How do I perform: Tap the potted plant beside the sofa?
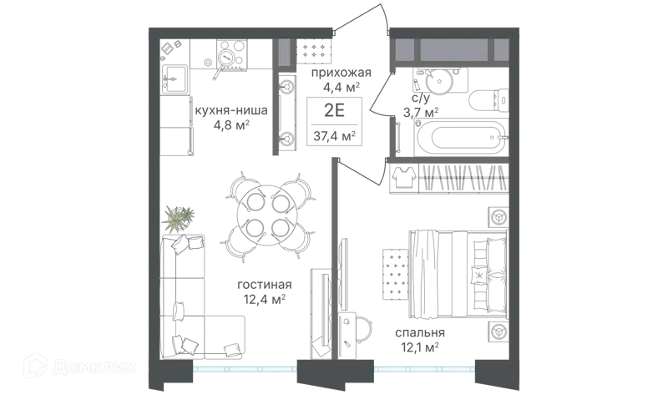click(x=178, y=219)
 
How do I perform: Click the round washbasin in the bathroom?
click(x=440, y=81)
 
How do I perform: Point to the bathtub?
click(x=460, y=137)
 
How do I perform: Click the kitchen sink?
click(x=174, y=78)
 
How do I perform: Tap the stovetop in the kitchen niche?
click(x=231, y=53)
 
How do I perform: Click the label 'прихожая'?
click(x=342, y=73)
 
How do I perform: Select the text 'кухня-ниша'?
click(x=231, y=110)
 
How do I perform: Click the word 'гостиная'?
click(x=264, y=284)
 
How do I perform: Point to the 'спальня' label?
click(x=420, y=332)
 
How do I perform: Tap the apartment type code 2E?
click(x=334, y=110)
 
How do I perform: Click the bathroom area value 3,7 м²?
click(x=421, y=113)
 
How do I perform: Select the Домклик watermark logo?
click(x=80, y=366)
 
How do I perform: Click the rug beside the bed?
click(x=395, y=275)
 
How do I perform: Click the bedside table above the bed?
click(x=498, y=217)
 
